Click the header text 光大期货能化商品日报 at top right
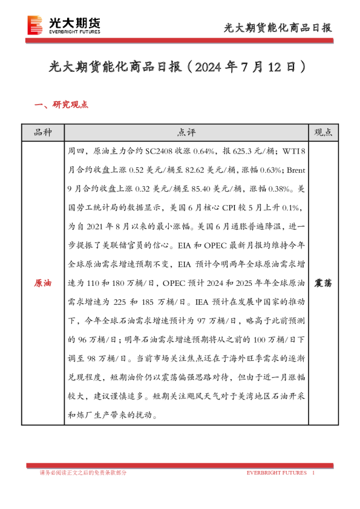click(x=278, y=27)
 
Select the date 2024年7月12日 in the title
click(x=248, y=66)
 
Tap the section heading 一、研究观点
click(x=61, y=105)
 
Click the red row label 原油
click(x=42, y=283)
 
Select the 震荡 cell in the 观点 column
click(x=324, y=283)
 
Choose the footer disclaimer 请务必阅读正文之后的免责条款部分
click(x=83, y=473)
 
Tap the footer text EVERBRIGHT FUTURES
click(x=277, y=473)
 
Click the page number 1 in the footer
click(x=313, y=473)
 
